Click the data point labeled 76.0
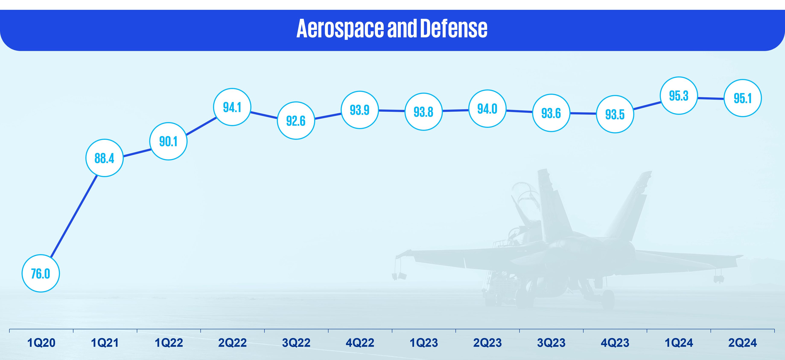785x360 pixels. pos(41,274)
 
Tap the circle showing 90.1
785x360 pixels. pos(168,141)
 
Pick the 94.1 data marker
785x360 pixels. pos(232,107)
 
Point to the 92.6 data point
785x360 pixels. pos(296,121)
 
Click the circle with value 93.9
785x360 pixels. pos(360,110)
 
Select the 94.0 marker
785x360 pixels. pos(487,108)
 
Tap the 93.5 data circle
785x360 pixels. pos(615,114)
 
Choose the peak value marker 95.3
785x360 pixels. pos(679,96)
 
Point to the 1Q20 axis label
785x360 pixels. pos(41,343)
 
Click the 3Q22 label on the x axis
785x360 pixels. pos(296,343)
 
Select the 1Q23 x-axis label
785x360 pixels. pos(424,343)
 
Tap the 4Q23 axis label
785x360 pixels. pos(615,343)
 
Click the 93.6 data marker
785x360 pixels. pos(551,113)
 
